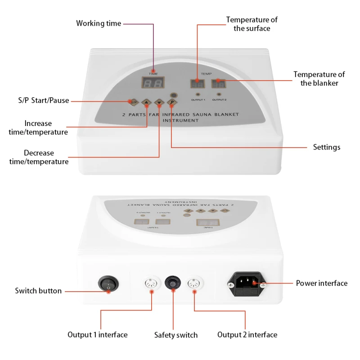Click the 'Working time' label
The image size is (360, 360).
pos(99,23)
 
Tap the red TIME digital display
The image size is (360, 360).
pos(153,83)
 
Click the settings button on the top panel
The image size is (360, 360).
pos(171,103)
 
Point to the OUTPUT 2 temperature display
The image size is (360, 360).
pos(219,83)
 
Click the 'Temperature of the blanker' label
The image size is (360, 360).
pos(319,79)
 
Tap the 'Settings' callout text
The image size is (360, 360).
pos(327,147)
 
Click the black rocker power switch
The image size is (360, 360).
pos(108,284)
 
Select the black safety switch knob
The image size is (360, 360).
pos(172,282)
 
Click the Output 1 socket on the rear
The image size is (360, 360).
pos(151,283)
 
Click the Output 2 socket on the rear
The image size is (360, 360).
pos(194,283)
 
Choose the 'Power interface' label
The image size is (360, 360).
pos(321,283)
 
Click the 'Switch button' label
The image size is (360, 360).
pos(38,291)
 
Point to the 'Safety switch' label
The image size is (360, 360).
pos(175,335)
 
